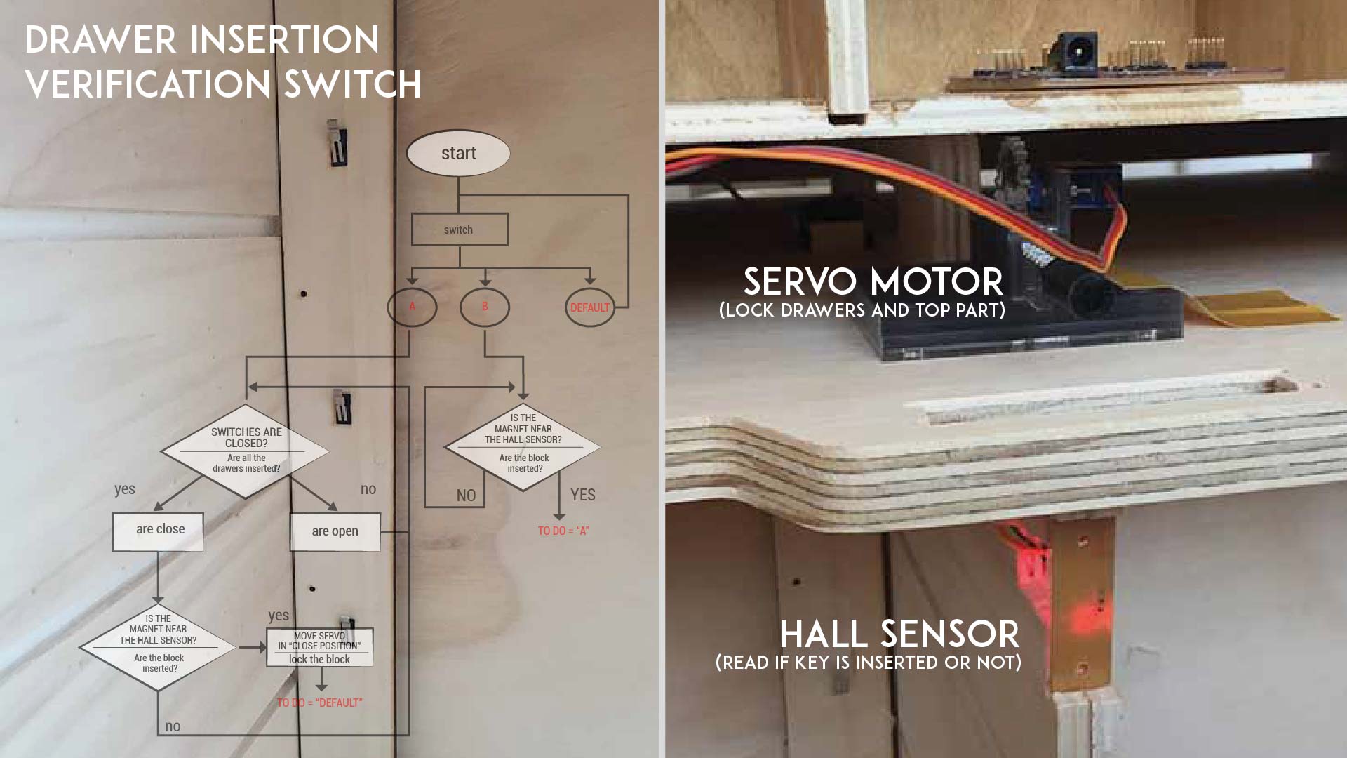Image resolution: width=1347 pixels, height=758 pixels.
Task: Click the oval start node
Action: click(458, 153)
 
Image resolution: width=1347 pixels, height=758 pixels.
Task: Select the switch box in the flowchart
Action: click(459, 230)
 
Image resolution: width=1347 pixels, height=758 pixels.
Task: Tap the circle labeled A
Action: click(413, 307)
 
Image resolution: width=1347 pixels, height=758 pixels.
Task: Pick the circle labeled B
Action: click(484, 307)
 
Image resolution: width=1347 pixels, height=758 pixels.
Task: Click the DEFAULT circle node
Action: click(589, 307)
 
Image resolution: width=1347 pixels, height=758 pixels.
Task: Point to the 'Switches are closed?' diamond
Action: click(246, 450)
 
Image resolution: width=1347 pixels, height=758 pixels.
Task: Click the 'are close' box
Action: click(159, 530)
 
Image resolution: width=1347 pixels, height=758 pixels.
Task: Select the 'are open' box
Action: click(335, 531)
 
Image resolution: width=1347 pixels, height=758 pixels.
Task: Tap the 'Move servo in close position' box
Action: click(320, 647)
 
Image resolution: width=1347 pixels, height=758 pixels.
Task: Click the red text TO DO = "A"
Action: click(563, 531)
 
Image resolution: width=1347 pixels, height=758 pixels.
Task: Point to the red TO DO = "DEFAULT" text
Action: click(320, 703)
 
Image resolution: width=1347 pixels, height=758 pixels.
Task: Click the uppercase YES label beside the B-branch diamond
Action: click(582, 495)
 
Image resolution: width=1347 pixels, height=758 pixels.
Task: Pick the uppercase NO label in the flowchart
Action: click(466, 496)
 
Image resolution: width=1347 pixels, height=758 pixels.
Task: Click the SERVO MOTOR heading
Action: click(873, 282)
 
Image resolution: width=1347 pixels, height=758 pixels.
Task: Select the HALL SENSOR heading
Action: click(899, 634)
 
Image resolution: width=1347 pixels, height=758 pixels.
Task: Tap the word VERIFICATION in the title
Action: click(147, 85)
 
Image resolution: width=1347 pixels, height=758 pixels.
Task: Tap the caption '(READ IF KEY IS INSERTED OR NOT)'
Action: click(868, 663)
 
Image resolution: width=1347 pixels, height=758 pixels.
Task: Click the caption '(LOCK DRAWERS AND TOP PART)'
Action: click(862, 310)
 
